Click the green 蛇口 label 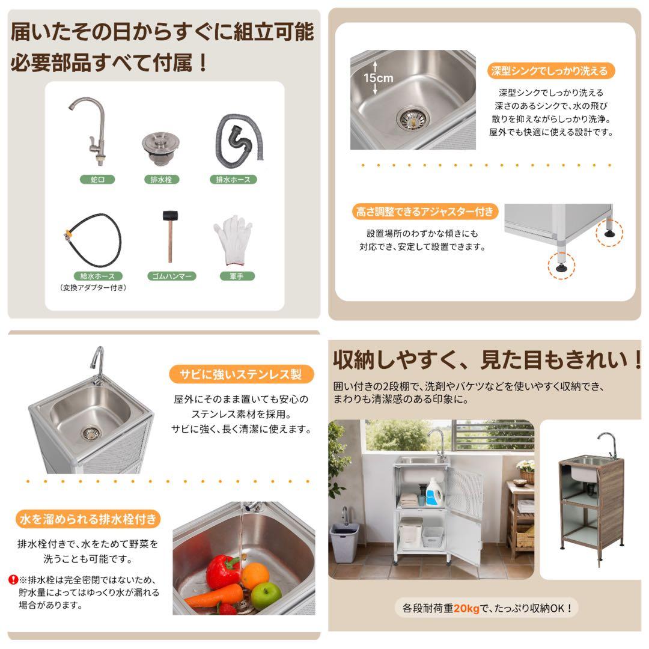97,179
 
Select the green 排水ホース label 233,179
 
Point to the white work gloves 233,240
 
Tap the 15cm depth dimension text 378,78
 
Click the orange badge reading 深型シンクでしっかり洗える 549,71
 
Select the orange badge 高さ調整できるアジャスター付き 424,212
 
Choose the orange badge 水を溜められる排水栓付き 89,518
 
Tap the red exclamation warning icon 13,580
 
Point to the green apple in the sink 266,595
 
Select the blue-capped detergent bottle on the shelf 434,491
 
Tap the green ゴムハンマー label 169,276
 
